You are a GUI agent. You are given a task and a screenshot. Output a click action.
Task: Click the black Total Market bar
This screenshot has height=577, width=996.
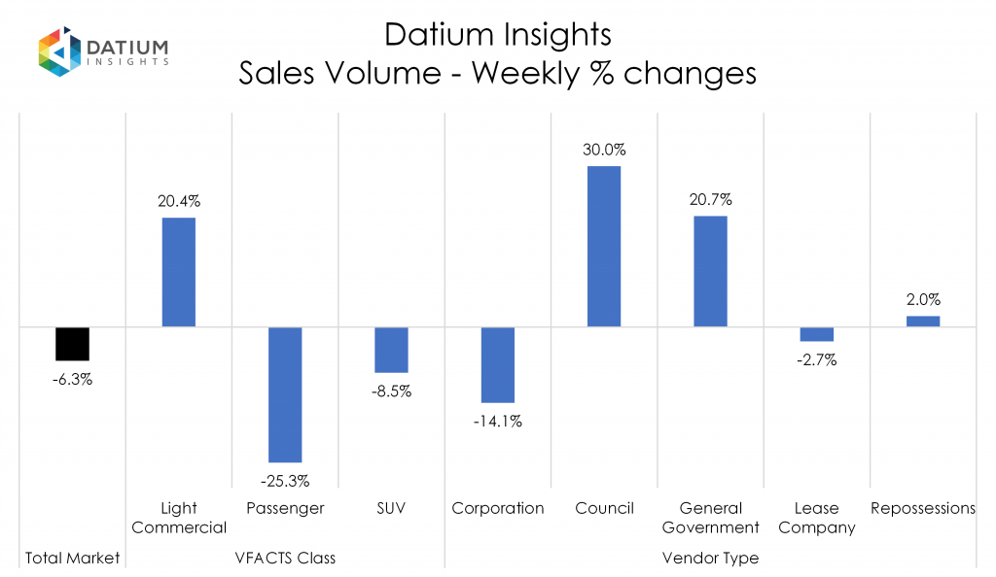(x=72, y=344)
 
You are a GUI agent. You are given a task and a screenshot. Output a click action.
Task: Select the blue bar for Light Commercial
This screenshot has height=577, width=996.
(x=178, y=272)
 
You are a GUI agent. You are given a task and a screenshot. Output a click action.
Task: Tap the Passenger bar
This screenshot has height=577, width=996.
(x=285, y=394)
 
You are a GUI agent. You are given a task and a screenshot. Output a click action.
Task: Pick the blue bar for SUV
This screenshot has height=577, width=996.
(x=391, y=350)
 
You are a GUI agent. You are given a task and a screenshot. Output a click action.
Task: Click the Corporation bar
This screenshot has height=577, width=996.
(x=498, y=364)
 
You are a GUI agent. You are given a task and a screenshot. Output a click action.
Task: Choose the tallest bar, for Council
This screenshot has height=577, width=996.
(x=604, y=247)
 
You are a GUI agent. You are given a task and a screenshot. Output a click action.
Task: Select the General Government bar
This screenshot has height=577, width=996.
(x=710, y=271)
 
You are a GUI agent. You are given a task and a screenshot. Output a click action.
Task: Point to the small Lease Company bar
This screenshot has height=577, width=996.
(x=817, y=334)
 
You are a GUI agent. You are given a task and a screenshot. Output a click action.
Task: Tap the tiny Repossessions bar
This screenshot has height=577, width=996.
(x=923, y=321)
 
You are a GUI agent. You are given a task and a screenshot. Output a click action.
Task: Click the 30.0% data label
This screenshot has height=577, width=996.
(x=604, y=151)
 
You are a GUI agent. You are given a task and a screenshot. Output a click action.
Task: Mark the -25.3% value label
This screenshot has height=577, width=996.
(x=285, y=479)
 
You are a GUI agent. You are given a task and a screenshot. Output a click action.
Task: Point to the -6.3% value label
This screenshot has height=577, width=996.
(x=72, y=380)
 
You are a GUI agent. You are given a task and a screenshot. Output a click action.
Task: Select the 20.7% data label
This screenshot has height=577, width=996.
(x=710, y=199)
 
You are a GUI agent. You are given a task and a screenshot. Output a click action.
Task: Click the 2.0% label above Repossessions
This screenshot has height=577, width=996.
(x=923, y=300)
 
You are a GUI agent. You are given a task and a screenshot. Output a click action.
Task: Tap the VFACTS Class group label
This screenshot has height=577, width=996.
(x=285, y=559)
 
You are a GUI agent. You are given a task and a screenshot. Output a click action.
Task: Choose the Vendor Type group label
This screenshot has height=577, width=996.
(x=710, y=559)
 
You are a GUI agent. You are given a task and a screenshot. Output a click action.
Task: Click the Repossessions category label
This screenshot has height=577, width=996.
(x=923, y=508)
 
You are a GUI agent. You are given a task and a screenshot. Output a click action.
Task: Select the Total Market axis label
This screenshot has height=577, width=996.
(x=72, y=559)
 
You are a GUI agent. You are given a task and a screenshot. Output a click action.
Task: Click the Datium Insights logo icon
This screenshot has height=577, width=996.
(x=58, y=51)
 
